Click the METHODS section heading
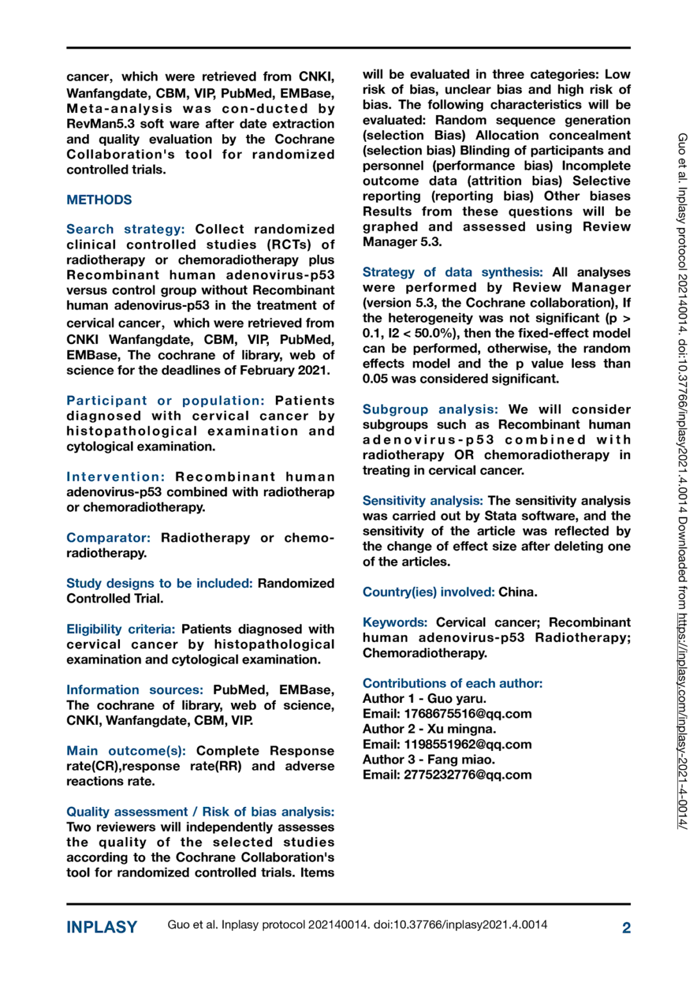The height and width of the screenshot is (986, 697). [x=99, y=200]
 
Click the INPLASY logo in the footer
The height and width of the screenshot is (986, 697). [x=101, y=927]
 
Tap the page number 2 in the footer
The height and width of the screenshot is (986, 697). [x=626, y=928]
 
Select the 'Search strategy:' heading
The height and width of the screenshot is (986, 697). [x=125, y=229]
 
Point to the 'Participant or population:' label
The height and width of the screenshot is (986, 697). [x=165, y=401]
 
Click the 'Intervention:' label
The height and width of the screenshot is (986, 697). [x=116, y=477]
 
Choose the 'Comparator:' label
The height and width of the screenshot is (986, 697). [x=108, y=538]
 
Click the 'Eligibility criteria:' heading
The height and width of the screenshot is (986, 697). [x=121, y=629]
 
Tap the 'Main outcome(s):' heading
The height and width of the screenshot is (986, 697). [x=126, y=751]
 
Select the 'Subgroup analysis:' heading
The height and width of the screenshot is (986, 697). [x=430, y=410]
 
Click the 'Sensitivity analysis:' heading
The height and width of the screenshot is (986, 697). [x=422, y=501]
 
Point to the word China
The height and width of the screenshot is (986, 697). [x=517, y=592]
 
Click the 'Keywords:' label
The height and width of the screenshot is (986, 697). [x=395, y=623]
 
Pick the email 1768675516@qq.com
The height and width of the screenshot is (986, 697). [x=467, y=714]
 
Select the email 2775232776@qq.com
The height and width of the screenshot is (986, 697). [x=467, y=775]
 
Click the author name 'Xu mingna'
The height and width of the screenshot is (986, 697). [x=461, y=729]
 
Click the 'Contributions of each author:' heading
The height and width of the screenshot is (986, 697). [x=452, y=684]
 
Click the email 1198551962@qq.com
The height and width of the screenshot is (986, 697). [x=467, y=745]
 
